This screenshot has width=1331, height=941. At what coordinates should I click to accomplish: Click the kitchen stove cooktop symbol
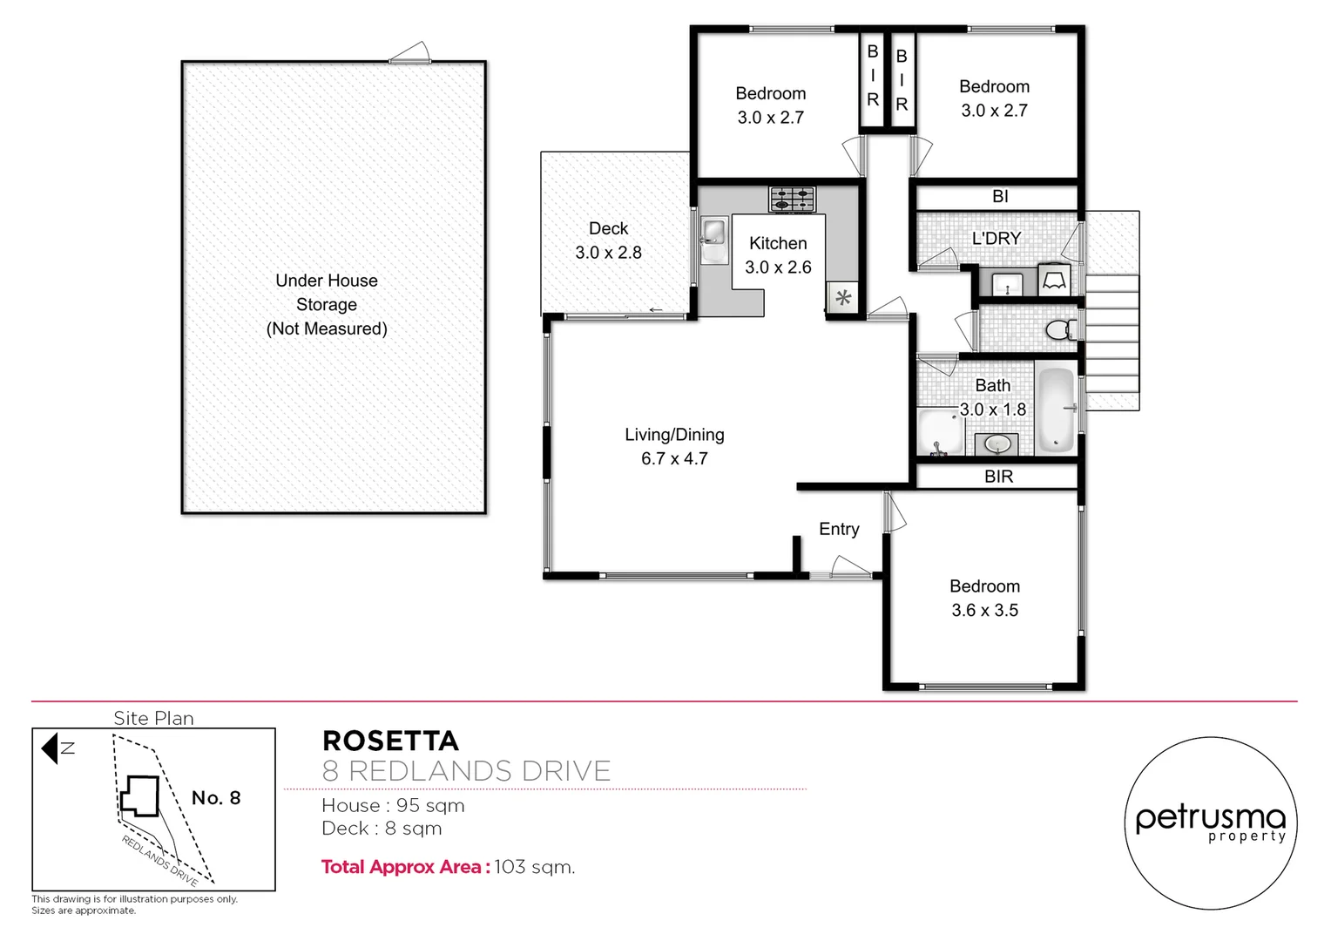792,200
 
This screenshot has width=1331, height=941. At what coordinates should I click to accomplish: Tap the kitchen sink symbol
713,234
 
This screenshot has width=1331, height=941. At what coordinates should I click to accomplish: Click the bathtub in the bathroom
1057,409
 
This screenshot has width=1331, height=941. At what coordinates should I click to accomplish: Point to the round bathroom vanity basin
997,444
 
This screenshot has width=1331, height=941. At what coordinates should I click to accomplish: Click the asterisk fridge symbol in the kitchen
842,298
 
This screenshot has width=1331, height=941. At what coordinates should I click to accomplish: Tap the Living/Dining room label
674,435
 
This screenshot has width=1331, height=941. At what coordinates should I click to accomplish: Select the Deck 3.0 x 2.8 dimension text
608,253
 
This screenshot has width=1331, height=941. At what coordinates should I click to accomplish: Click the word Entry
839,529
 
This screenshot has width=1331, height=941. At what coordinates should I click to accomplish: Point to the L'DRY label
996,238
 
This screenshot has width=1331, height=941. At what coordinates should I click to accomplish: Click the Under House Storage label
327,293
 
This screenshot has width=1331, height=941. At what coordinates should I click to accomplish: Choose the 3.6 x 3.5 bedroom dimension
984,610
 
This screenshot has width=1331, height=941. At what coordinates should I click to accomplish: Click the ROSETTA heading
390,741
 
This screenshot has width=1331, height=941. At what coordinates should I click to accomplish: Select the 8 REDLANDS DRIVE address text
466,771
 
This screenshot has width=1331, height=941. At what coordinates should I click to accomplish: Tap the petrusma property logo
1210,823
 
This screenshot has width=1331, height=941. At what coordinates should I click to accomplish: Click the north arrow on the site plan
51,748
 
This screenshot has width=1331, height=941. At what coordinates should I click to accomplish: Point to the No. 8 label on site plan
216,798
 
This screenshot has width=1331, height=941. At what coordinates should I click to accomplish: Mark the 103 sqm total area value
534,867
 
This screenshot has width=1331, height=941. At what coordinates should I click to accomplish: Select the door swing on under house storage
411,54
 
